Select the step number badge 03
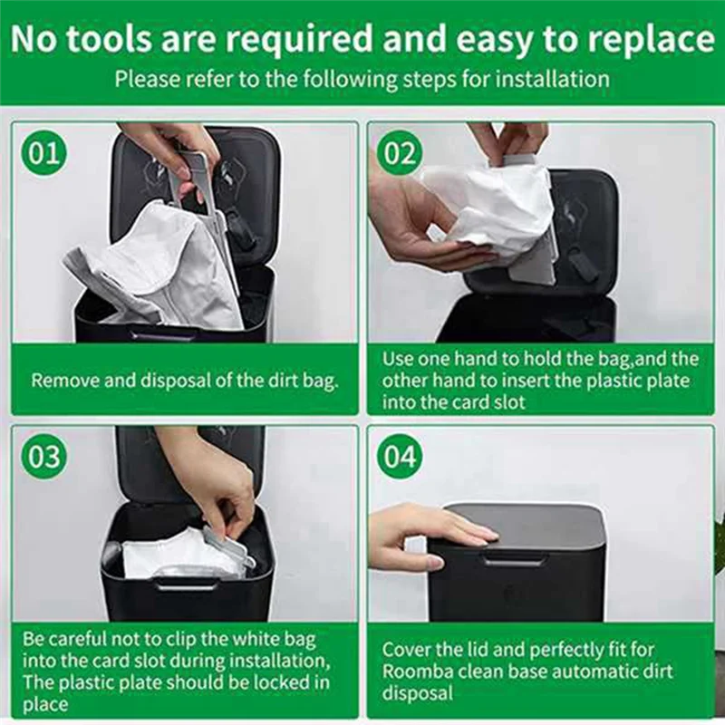coord(43,456)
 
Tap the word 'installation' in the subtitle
coord(547,79)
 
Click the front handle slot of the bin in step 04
coord(514,560)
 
